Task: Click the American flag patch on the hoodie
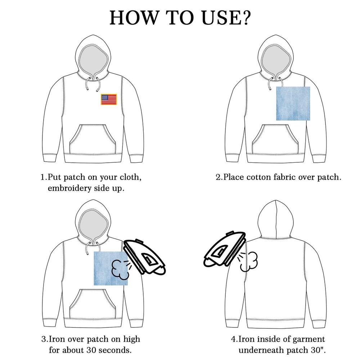pos(109,99)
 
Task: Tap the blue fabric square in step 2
pos(293,104)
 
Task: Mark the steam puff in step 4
pos(249,262)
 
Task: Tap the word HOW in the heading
pos(134,18)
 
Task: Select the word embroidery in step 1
pos(69,189)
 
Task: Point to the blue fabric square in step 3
pos(111,269)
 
